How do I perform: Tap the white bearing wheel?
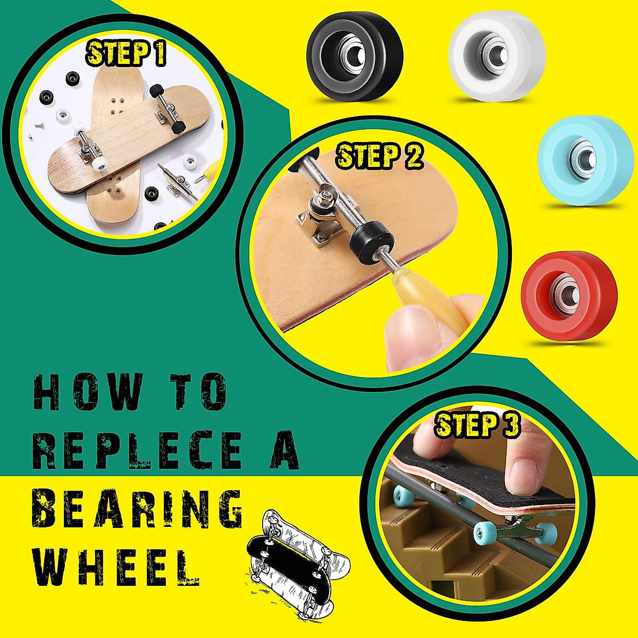pos(497,53)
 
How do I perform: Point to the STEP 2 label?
pos(380,155)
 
